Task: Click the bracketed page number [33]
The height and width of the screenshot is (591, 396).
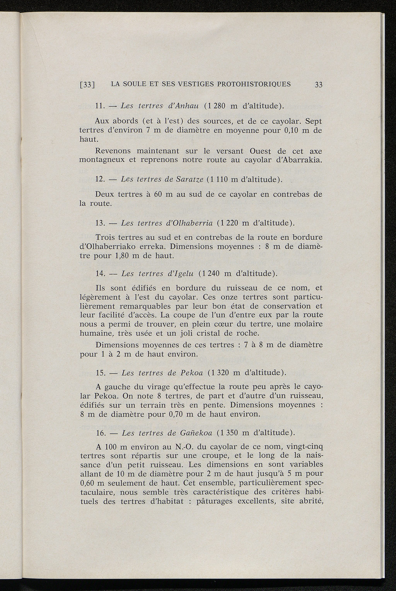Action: [x=87, y=85]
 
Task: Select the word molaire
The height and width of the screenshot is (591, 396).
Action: [x=308, y=324]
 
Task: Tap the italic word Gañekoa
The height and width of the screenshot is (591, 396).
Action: [x=195, y=432]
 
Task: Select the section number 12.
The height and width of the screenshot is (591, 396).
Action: [x=100, y=179]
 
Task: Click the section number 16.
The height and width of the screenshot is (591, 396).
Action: [x=101, y=432]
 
